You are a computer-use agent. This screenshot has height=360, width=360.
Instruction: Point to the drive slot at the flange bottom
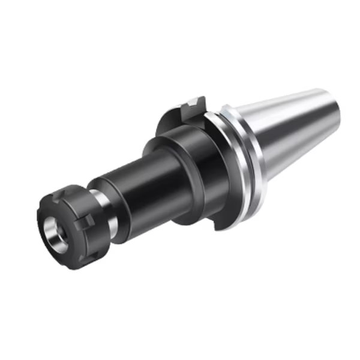223,223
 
